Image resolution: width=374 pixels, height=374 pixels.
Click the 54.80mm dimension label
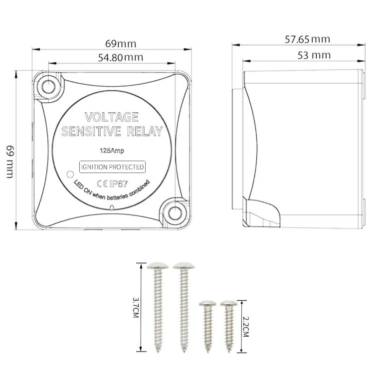coord(121,57)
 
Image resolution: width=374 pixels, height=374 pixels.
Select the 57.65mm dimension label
coord(308,39)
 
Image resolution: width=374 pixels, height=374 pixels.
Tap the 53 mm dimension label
coord(314,55)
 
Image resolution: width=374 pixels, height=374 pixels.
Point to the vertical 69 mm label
coord(10,162)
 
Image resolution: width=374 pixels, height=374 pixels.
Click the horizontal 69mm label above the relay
coord(121,44)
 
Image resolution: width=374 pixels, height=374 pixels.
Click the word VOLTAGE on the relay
coord(112,117)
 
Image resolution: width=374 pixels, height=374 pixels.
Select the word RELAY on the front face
coord(145,132)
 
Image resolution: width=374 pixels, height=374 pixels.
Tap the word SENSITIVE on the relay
coord(91,132)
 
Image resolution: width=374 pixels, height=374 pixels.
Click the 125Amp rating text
coord(112,151)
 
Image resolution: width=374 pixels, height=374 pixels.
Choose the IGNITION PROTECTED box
coord(112,167)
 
